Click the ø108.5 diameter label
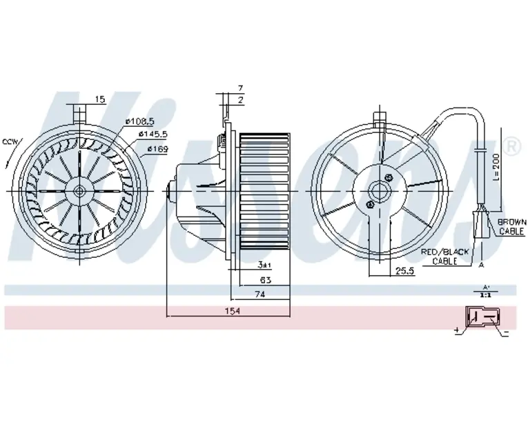point(139,123)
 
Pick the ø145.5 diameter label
point(153,135)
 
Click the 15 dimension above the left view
point(99,101)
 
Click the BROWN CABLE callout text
point(511,227)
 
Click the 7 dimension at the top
point(240,89)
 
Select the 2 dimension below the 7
point(240,101)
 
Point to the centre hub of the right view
point(379,190)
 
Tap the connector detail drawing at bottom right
point(483,319)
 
